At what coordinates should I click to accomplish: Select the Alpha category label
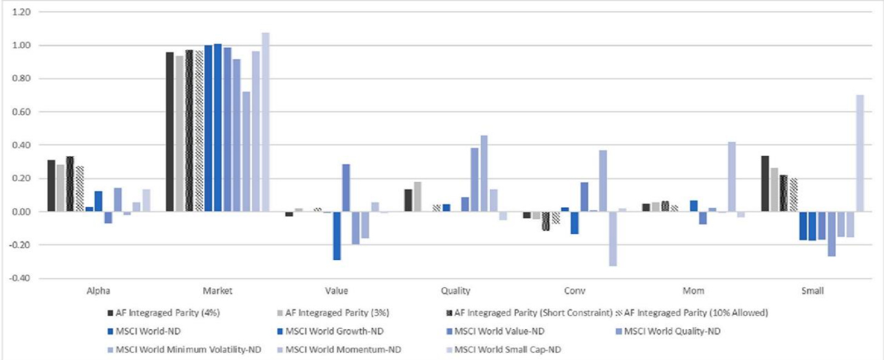[98, 291]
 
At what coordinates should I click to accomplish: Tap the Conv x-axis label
[574, 291]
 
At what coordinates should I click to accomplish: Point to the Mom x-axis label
[693, 291]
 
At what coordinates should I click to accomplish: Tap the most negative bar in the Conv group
[613, 239]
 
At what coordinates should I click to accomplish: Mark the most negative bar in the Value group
[337, 236]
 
